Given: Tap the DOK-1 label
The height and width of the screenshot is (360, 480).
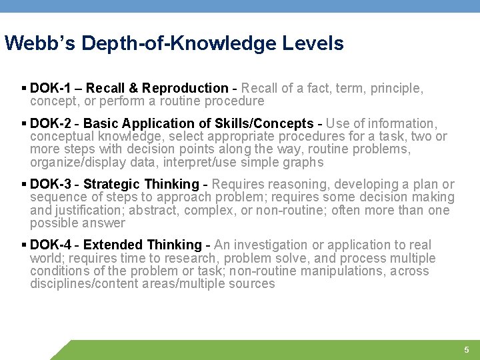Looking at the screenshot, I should click(x=51, y=88).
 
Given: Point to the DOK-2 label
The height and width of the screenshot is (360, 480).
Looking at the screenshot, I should click(x=51, y=123).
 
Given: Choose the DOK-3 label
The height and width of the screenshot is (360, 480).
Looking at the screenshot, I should click(x=51, y=184).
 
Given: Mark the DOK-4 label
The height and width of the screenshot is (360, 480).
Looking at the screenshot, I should click(x=51, y=245).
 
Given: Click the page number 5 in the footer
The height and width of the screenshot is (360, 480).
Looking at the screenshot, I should click(x=467, y=350).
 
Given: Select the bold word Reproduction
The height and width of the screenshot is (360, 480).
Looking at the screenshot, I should click(x=185, y=88).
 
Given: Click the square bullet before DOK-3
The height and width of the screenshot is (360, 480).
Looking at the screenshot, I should click(x=24, y=184).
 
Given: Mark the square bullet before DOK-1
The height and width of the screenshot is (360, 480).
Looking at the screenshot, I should click(x=24, y=88).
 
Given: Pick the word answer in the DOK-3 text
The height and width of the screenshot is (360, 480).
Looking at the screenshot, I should click(x=104, y=223).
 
